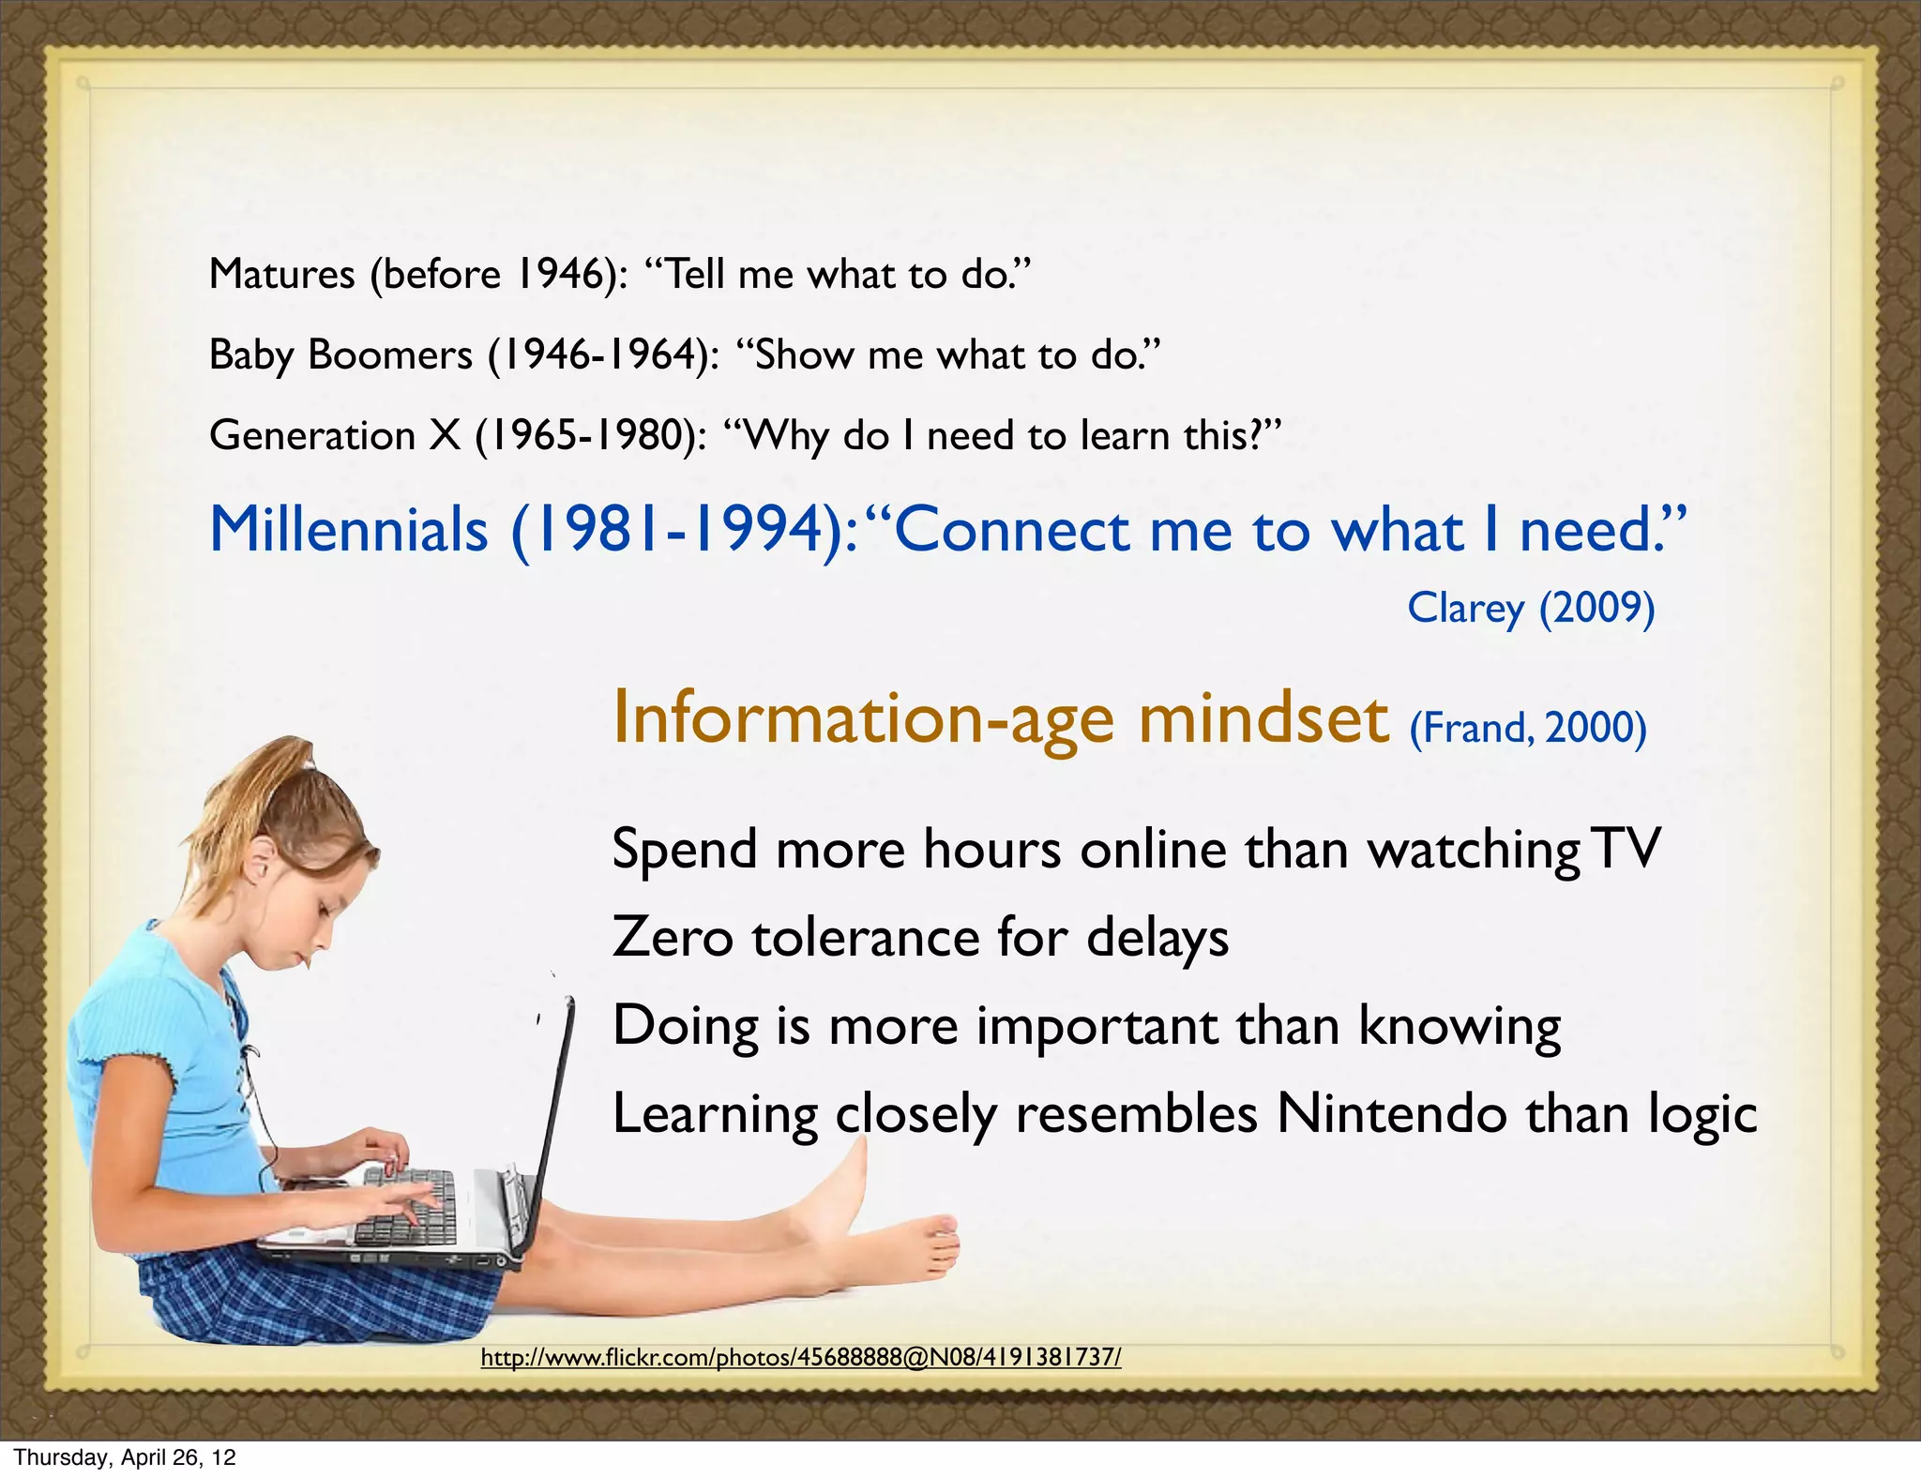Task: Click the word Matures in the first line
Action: pyautogui.click(x=281, y=274)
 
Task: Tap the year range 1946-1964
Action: pyautogui.click(x=597, y=354)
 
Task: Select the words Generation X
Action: pyautogui.click(x=335, y=435)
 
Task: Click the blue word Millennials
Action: pyautogui.click(x=348, y=530)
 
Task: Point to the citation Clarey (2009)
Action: pyautogui.click(x=1531, y=608)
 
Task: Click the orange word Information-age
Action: pyautogui.click(x=863, y=718)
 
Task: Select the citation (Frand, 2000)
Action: pyautogui.click(x=1528, y=728)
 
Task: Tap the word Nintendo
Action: pyautogui.click(x=1392, y=1114)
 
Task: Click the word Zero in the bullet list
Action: pyautogui.click(x=672, y=937)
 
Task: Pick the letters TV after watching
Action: pyautogui.click(x=1627, y=849)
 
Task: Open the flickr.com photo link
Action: pyautogui.click(x=800, y=1357)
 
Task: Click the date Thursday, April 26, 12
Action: pyautogui.click(x=125, y=1457)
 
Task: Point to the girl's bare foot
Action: pyautogui.click(x=924, y=1243)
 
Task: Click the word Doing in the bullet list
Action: pyautogui.click(x=685, y=1026)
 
